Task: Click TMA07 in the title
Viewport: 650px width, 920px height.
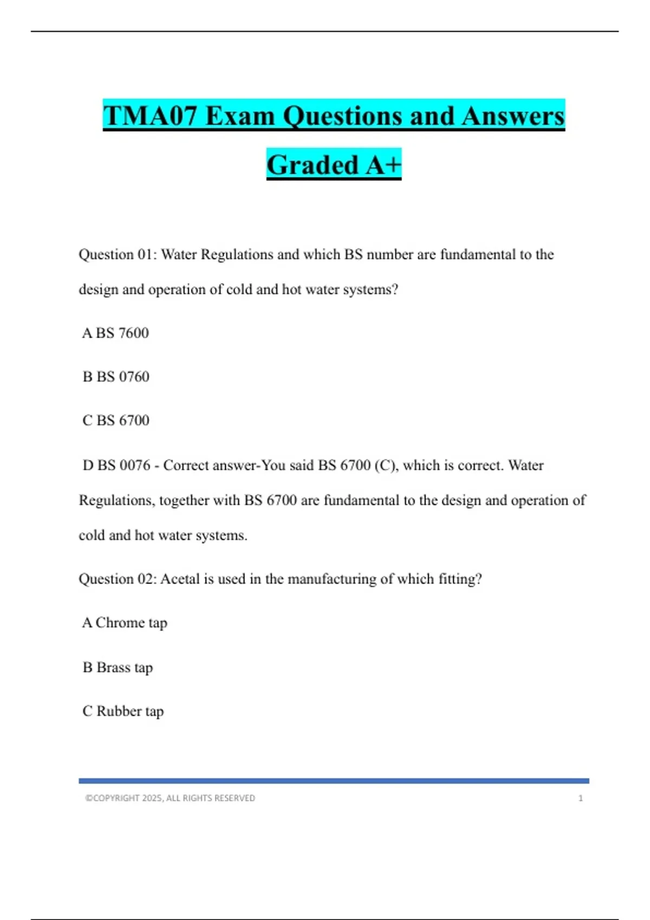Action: tap(151, 116)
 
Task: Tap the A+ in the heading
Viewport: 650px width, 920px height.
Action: tap(383, 165)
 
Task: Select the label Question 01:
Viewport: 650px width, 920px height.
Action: tap(118, 254)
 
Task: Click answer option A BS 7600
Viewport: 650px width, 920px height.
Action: tap(115, 333)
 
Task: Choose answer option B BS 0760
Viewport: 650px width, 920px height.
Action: tap(116, 377)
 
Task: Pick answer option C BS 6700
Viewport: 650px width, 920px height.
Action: tap(116, 420)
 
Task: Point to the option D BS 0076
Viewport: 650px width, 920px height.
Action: tap(116, 465)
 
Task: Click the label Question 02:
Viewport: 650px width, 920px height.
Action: tap(118, 579)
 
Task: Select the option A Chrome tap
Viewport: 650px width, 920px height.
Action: tap(125, 623)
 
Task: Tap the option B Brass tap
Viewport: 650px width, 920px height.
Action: tap(118, 667)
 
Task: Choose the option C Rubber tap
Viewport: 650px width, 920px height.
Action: tap(123, 711)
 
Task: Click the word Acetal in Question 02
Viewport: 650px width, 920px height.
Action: tap(180, 579)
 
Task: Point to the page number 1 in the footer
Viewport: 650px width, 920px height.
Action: tap(581, 798)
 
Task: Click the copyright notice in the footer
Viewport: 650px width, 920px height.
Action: tap(170, 798)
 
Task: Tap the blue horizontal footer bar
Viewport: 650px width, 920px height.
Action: tap(334, 781)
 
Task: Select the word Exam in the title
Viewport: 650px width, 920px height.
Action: tap(240, 116)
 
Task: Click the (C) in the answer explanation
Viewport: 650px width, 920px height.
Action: tap(385, 465)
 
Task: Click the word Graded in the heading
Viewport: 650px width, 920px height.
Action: tap(313, 165)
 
